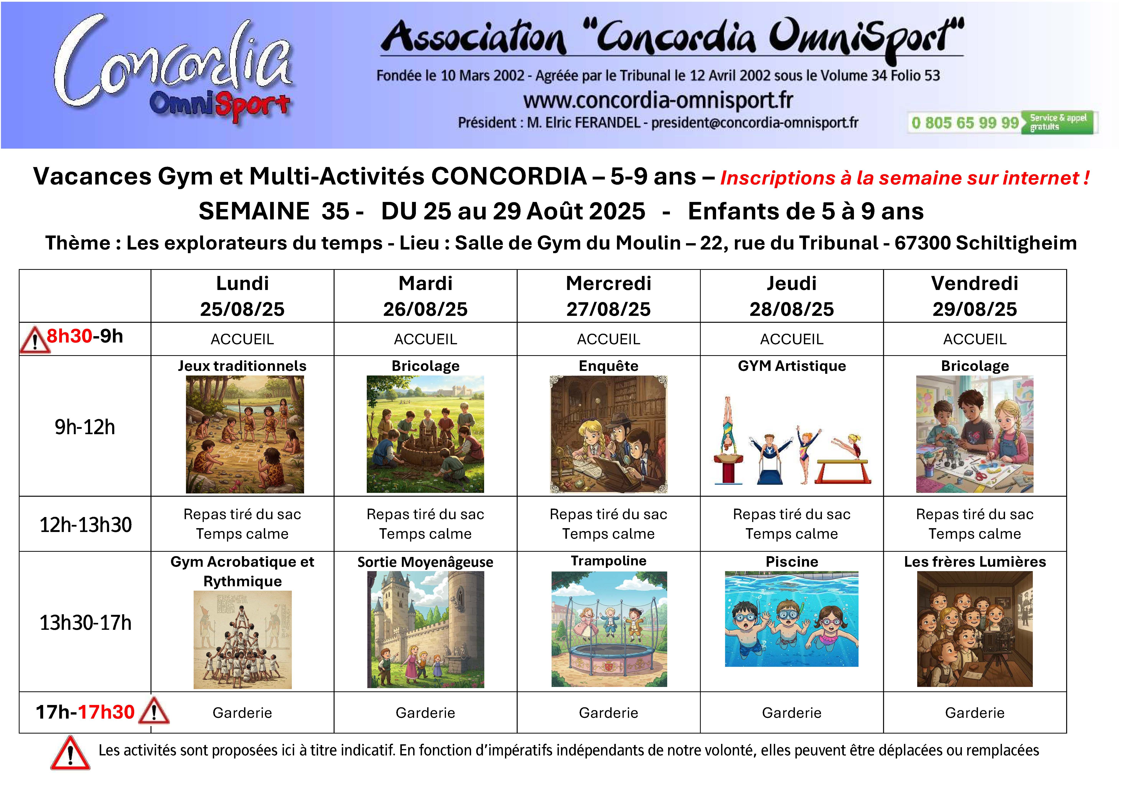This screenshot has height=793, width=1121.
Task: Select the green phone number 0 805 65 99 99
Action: pos(965,123)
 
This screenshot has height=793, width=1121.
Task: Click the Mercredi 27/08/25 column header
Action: pos(608,296)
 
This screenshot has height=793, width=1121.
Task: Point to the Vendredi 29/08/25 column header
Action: pos(975,296)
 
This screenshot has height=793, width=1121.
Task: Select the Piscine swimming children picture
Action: pos(791,619)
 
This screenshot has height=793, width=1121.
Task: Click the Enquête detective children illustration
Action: pos(608,434)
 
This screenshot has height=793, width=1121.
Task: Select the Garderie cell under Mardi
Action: pos(425,713)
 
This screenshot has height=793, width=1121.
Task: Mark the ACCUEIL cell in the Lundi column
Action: pos(242,339)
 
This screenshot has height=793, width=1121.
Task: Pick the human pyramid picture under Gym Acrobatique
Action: pos(243,640)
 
